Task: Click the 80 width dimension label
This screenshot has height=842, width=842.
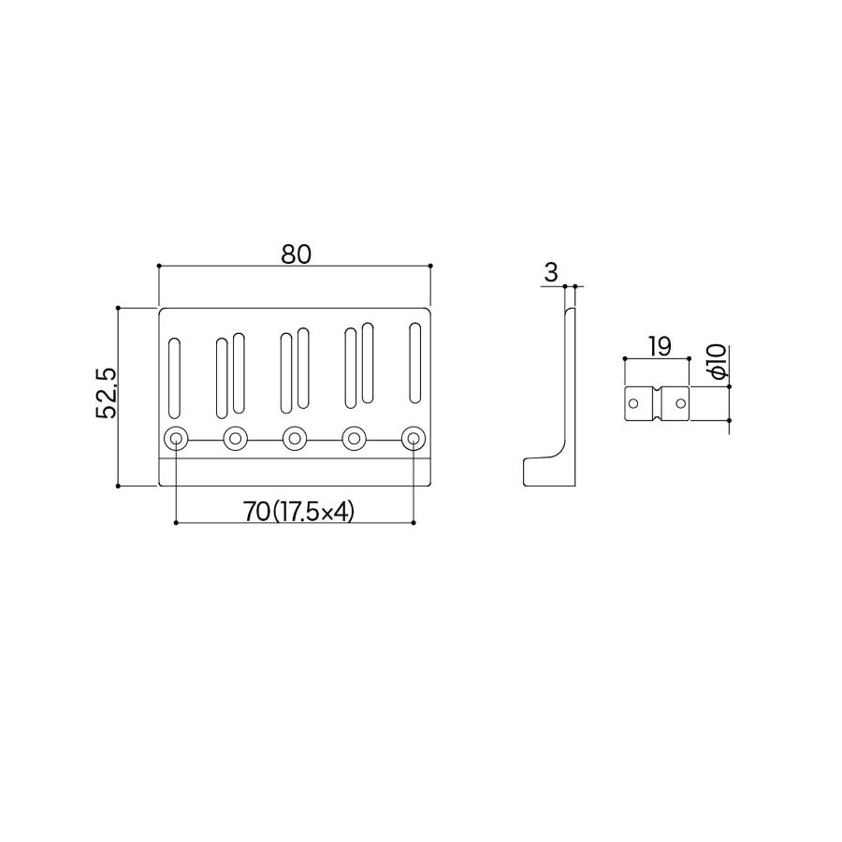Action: pyautogui.click(x=296, y=254)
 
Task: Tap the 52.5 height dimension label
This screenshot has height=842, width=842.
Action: pyautogui.click(x=106, y=393)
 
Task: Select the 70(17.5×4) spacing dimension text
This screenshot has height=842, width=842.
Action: pyautogui.click(x=299, y=512)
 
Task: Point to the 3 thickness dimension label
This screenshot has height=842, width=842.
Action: pyautogui.click(x=551, y=273)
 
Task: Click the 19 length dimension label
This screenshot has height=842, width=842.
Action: pyautogui.click(x=660, y=347)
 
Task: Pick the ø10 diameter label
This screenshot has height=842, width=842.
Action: pyautogui.click(x=718, y=362)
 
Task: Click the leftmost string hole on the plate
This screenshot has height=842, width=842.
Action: pyautogui.click(x=176, y=439)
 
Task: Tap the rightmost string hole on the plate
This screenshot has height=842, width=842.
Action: pyautogui.click(x=414, y=439)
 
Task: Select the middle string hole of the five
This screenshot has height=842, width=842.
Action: pyautogui.click(x=295, y=439)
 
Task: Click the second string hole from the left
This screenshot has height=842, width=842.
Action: pyautogui.click(x=235, y=439)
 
